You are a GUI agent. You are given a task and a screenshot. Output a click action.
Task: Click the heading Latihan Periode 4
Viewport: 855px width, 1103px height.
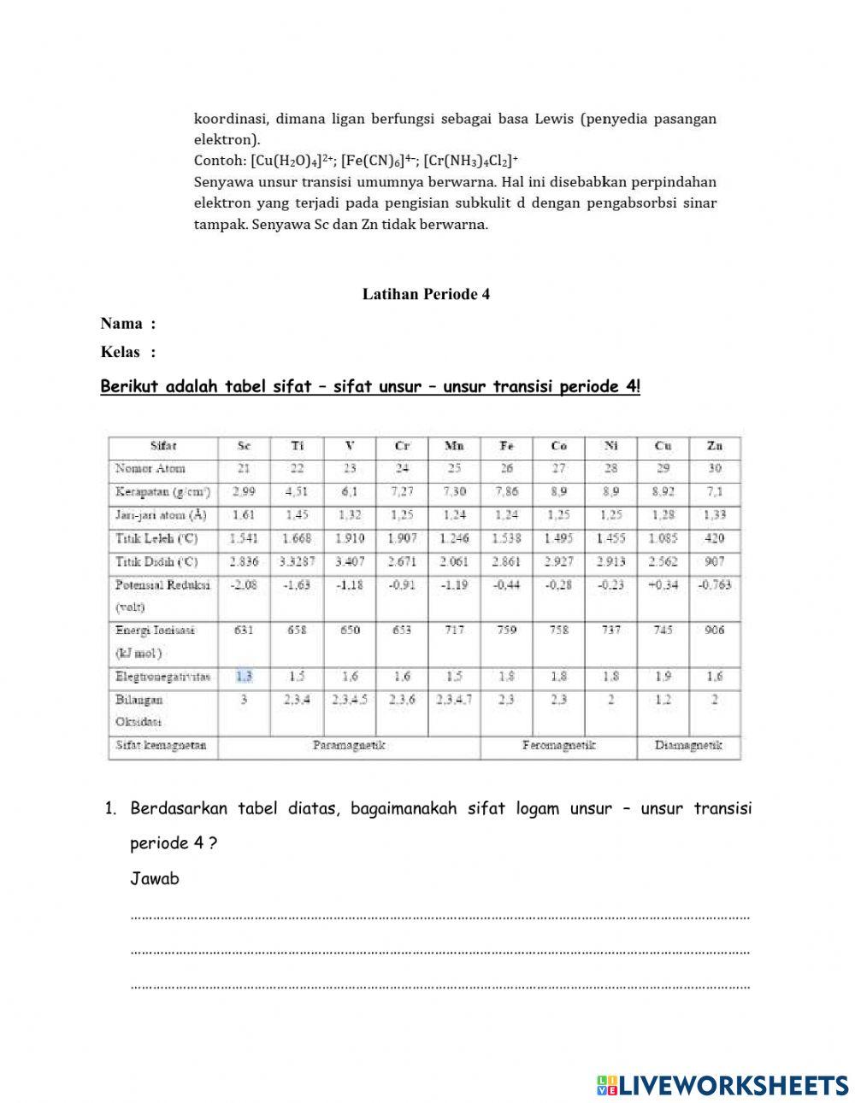(x=426, y=294)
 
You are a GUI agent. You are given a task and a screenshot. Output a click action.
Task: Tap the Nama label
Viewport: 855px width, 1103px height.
(x=121, y=324)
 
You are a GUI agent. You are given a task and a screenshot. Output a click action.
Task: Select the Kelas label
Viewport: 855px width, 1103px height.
(x=121, y=352)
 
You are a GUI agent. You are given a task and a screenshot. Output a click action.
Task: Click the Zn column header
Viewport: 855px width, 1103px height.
(x=715, y=446)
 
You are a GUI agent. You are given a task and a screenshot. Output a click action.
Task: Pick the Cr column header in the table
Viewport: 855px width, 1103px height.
(x=402, y=446)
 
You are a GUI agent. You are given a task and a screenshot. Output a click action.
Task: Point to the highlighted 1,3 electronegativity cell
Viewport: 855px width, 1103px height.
(x=244, y=676)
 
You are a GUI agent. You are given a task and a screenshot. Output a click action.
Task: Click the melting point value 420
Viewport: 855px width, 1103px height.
(x=715, y=538)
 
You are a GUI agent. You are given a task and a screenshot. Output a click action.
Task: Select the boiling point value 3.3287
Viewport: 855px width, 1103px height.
(x=297, y=561)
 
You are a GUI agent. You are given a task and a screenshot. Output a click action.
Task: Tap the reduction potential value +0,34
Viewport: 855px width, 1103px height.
(x=663, y=584)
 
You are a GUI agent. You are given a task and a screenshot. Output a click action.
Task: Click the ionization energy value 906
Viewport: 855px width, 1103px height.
(x=715, y=630)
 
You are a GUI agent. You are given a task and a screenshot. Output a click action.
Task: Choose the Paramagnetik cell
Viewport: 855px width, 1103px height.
(x=349, y=745)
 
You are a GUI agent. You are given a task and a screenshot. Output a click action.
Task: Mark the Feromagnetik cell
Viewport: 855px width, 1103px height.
(x=558, y=745)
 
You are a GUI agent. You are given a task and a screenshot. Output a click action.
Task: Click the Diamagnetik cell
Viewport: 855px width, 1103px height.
(x=688, y=745)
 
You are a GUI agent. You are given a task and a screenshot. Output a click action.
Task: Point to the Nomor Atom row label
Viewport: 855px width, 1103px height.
(x=150, y=468)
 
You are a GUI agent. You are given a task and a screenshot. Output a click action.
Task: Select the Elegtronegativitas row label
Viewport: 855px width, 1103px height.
(x=162, y=676)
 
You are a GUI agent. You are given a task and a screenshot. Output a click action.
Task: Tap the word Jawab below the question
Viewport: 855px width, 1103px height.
(x=155, y=878)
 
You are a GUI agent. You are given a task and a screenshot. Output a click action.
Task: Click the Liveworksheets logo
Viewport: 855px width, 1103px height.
(x=722, y=1085)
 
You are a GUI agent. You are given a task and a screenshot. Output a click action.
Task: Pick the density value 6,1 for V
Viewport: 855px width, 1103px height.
(x=349, y=492)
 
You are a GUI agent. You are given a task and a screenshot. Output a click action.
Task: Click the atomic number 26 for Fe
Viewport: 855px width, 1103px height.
(x=506, y=468)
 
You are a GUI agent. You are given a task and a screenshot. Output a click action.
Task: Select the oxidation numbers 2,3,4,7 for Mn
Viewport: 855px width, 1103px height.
(x=454, y=699)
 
